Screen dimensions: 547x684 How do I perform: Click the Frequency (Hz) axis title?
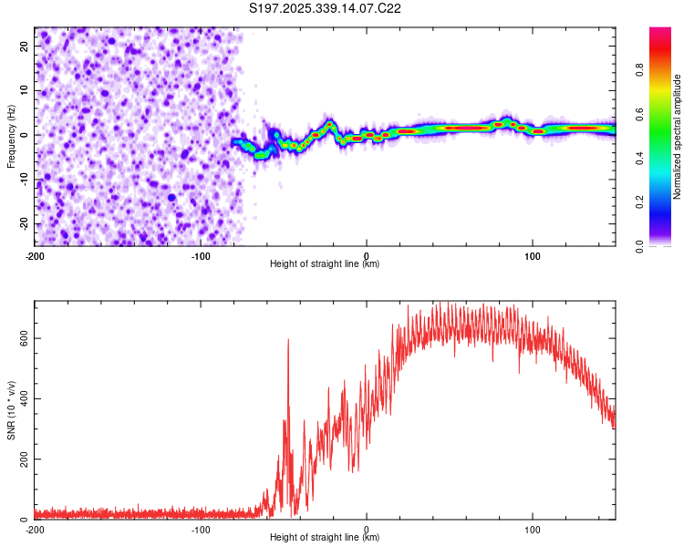[x=12, y=137]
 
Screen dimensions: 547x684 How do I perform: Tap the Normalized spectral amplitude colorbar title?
[x=677, y=137]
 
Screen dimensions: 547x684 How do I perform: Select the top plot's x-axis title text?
[x=325, y=263]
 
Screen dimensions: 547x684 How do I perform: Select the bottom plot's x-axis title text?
[x=325, y=537]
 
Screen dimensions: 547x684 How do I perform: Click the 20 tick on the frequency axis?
[x=24, y=45]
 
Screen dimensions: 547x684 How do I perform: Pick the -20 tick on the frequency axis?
[x=22, y=223]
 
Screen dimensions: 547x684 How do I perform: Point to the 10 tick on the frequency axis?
[x=24, y=89]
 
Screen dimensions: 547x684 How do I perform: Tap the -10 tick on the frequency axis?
[x=22, y=179]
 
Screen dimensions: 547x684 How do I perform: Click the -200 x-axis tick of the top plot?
[x=35, y=255]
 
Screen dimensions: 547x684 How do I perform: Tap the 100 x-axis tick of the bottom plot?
[x=533, y=529]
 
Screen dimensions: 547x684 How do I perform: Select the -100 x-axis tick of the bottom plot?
[x=201, y=529]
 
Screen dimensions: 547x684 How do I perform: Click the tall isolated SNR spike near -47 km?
[x=288, y=342]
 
